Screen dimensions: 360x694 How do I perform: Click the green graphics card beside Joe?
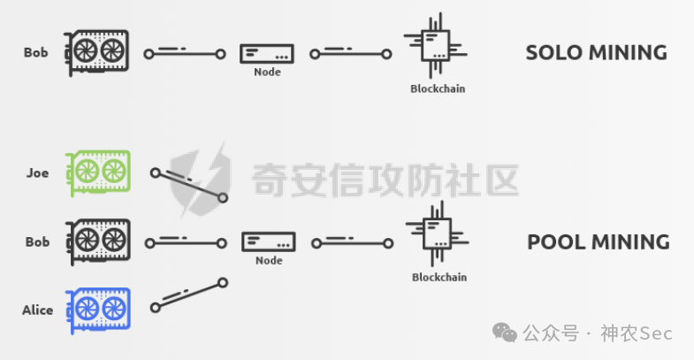click(x=98, y=173)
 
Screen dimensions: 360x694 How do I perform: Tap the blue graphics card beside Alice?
click(x=98, y=309)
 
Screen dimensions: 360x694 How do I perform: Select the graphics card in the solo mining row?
click(x=96, y=52)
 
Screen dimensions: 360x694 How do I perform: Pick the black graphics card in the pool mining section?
click(x=98, y=241)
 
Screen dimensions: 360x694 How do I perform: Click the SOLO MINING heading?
click(x=596, y=52)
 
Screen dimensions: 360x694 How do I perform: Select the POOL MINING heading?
click(x=598, y=241)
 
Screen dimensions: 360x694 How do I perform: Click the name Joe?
click(x=37, y=173)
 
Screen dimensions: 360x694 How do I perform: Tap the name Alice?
click(x=37, y=310)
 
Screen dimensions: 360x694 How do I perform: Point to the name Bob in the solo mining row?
click(x=36, y=53)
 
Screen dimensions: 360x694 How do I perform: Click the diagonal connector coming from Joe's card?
click(x=189, y=185)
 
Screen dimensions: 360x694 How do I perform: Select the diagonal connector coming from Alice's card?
click(x=189, y=295)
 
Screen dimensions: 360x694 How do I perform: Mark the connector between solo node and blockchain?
click(x=351, y=55)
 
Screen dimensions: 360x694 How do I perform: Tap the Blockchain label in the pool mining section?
click(x=439, y=278)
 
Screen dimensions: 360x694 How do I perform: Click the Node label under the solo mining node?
click(x=266, y=73)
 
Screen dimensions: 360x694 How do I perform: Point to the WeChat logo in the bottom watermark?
click(x=506, y=333)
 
